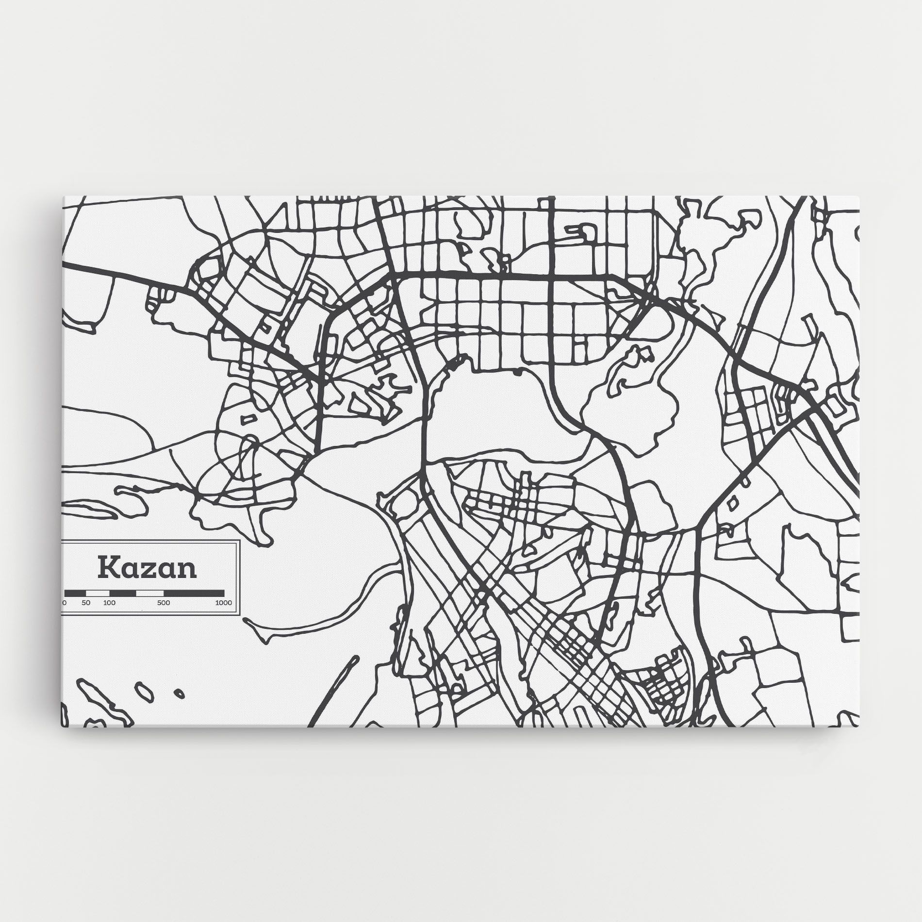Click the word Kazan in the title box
pos(148,567)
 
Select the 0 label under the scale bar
pos(65,603)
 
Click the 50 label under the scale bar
pos(86,603)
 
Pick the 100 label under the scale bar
pos(109,603)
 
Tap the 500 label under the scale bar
pos(164,603)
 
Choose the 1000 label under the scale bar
pos(223,603)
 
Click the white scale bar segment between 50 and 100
pos(98,593)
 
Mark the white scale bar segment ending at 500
pos(150,593)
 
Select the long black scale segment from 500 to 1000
pos(194,593)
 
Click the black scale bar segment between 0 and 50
pos(75,593)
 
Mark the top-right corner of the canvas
pos(859,197)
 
